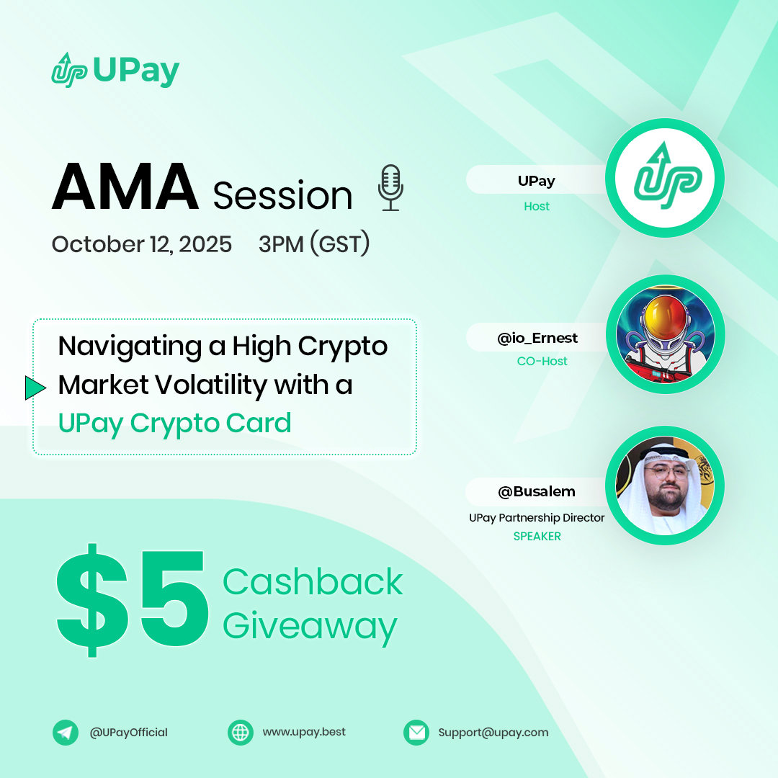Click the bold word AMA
point(125,188)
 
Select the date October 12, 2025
point(142,244)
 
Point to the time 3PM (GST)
point(314,244)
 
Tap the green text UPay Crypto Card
point(174,423)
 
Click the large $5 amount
point(133,601)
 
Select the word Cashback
point(313,581)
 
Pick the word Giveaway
point(310,625)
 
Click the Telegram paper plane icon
point(66,733)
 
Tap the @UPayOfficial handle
point(128,733)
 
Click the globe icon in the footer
point(241,733)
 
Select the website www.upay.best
point(304,732)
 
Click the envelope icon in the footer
point(416,733)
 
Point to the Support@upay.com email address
point(493,733)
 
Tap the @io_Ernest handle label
point(537,338)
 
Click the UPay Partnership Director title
point(537,518)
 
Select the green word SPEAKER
point(537,536)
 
